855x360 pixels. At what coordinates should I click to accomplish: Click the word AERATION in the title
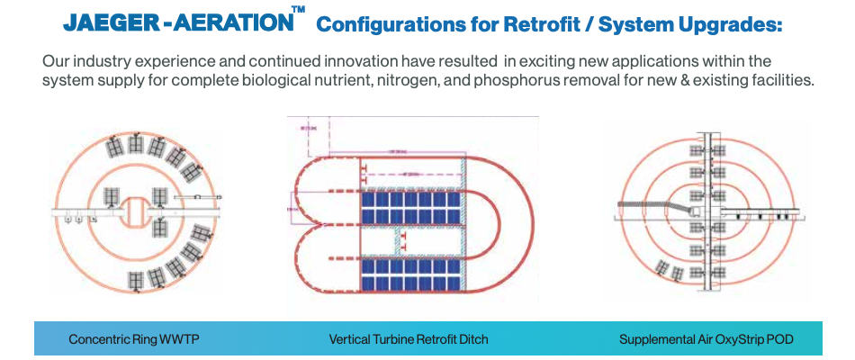pos(228,23)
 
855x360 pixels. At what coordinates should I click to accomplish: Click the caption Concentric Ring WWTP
pos(134,340)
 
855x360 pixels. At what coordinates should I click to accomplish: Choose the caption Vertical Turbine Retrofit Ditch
pos(409,340)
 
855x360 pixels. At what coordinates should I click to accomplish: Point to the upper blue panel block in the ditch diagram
pos(412,208)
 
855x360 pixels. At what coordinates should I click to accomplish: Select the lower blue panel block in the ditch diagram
pos(412,271)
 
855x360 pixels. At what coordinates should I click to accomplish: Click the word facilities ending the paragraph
pos(783,81)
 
